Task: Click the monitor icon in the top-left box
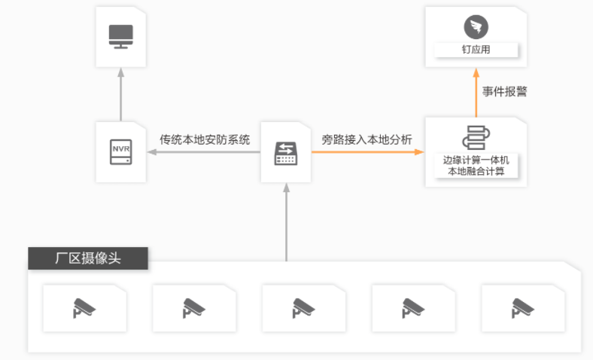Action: tap(120, 35)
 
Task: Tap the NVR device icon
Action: tap(120, 150)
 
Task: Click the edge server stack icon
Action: tap(476, 137)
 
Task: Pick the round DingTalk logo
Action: tap(476, 28)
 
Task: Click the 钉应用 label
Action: tap(476, 50)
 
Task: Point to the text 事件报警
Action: tap(505, 91)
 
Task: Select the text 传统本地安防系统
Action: tap(205, 139)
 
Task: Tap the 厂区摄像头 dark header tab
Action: tap(88, 258)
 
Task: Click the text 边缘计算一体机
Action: tap(476, 160)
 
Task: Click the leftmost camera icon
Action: tap(84, 307)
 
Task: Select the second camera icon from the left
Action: tap(194, 307)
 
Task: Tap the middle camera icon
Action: tap(303, 307)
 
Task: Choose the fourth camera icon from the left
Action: tap(413, 307)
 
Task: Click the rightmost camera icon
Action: tap(522, 307)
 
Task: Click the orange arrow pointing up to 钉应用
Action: tap(476, 91)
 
